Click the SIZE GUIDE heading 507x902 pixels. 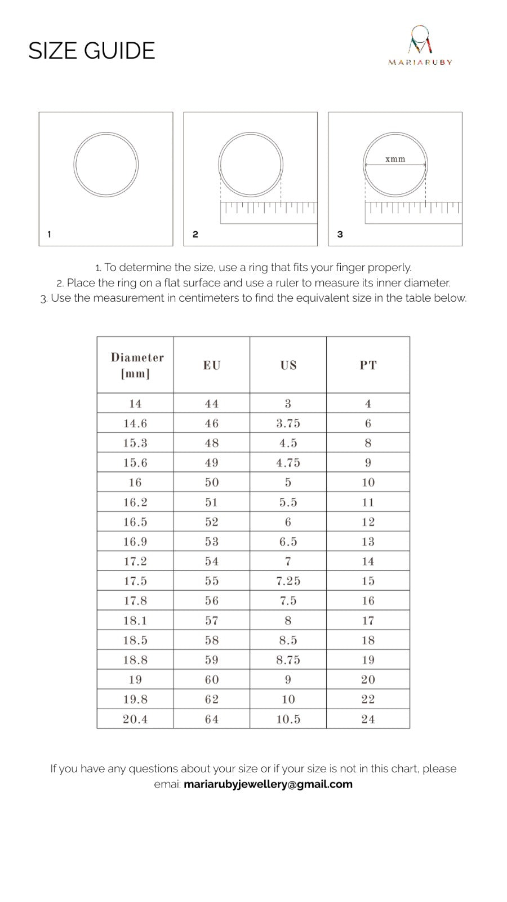click(x=91, y=51)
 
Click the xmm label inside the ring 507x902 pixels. click(x=395, y=159)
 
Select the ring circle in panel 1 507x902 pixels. click(x=106, y=165)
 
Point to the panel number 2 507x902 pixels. click(x=195, y=235)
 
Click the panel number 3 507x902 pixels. click(x=340, y=235)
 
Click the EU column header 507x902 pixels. click(x=212, y=365)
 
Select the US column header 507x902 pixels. click(x=288, y=365)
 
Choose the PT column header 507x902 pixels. click(x=368, y=365)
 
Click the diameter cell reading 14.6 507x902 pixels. click(x=135, y=423)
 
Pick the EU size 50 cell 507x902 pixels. click(x=212, y=483)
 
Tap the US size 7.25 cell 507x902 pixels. click(x=288, y=581)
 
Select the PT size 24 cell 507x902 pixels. click(x=368, y=719)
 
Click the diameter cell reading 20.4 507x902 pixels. click(x=135, y=719)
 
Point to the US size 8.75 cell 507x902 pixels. click(x=288, y=660)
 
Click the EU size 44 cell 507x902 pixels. click(x=212, y=404)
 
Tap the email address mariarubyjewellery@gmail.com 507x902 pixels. click(x=268, y=784)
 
